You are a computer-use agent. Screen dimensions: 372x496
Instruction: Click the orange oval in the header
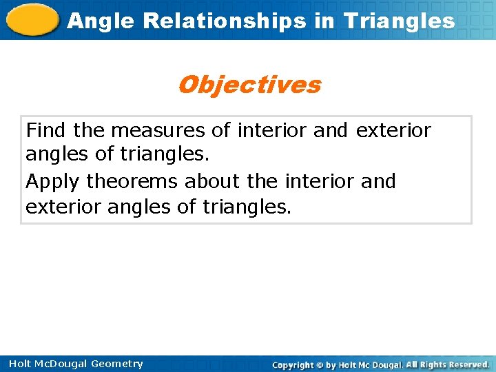32,19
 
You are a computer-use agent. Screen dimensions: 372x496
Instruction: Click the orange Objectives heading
249,85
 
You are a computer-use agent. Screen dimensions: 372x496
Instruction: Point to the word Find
47,130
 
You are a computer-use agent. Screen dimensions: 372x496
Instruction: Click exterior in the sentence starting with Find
393,130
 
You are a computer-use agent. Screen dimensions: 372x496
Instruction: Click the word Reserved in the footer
466,364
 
